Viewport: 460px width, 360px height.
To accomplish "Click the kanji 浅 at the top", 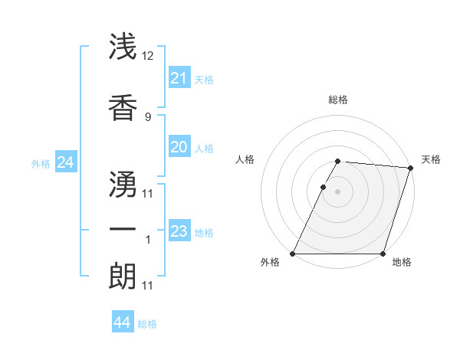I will point(123,46).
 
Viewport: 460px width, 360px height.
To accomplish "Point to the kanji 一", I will point(123,229).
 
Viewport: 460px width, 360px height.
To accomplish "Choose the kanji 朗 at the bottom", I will point(123,276).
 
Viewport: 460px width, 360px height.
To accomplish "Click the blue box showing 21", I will point(179,78).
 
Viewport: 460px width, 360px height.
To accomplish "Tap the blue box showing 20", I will point(179,147).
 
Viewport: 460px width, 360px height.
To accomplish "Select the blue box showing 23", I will point(179,231).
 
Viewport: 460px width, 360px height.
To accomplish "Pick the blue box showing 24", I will point(65,162).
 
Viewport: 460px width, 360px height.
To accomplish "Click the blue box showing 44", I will point(122,322).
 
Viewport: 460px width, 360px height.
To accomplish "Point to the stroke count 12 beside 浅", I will point(148,56).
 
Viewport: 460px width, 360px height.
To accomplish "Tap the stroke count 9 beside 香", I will point(148,116).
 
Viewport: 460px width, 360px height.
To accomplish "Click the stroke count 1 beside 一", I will point(148,240).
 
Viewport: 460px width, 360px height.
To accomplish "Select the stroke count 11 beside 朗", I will point(148,286).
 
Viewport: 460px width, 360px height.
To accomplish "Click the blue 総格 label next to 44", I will point(147,324).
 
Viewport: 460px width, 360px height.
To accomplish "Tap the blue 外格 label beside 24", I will point(41,164).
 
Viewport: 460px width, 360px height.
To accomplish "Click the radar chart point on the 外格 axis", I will point(293,254).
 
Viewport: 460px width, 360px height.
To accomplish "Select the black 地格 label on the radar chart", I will point(402,263).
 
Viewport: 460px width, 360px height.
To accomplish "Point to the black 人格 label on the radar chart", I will point(245,159).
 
